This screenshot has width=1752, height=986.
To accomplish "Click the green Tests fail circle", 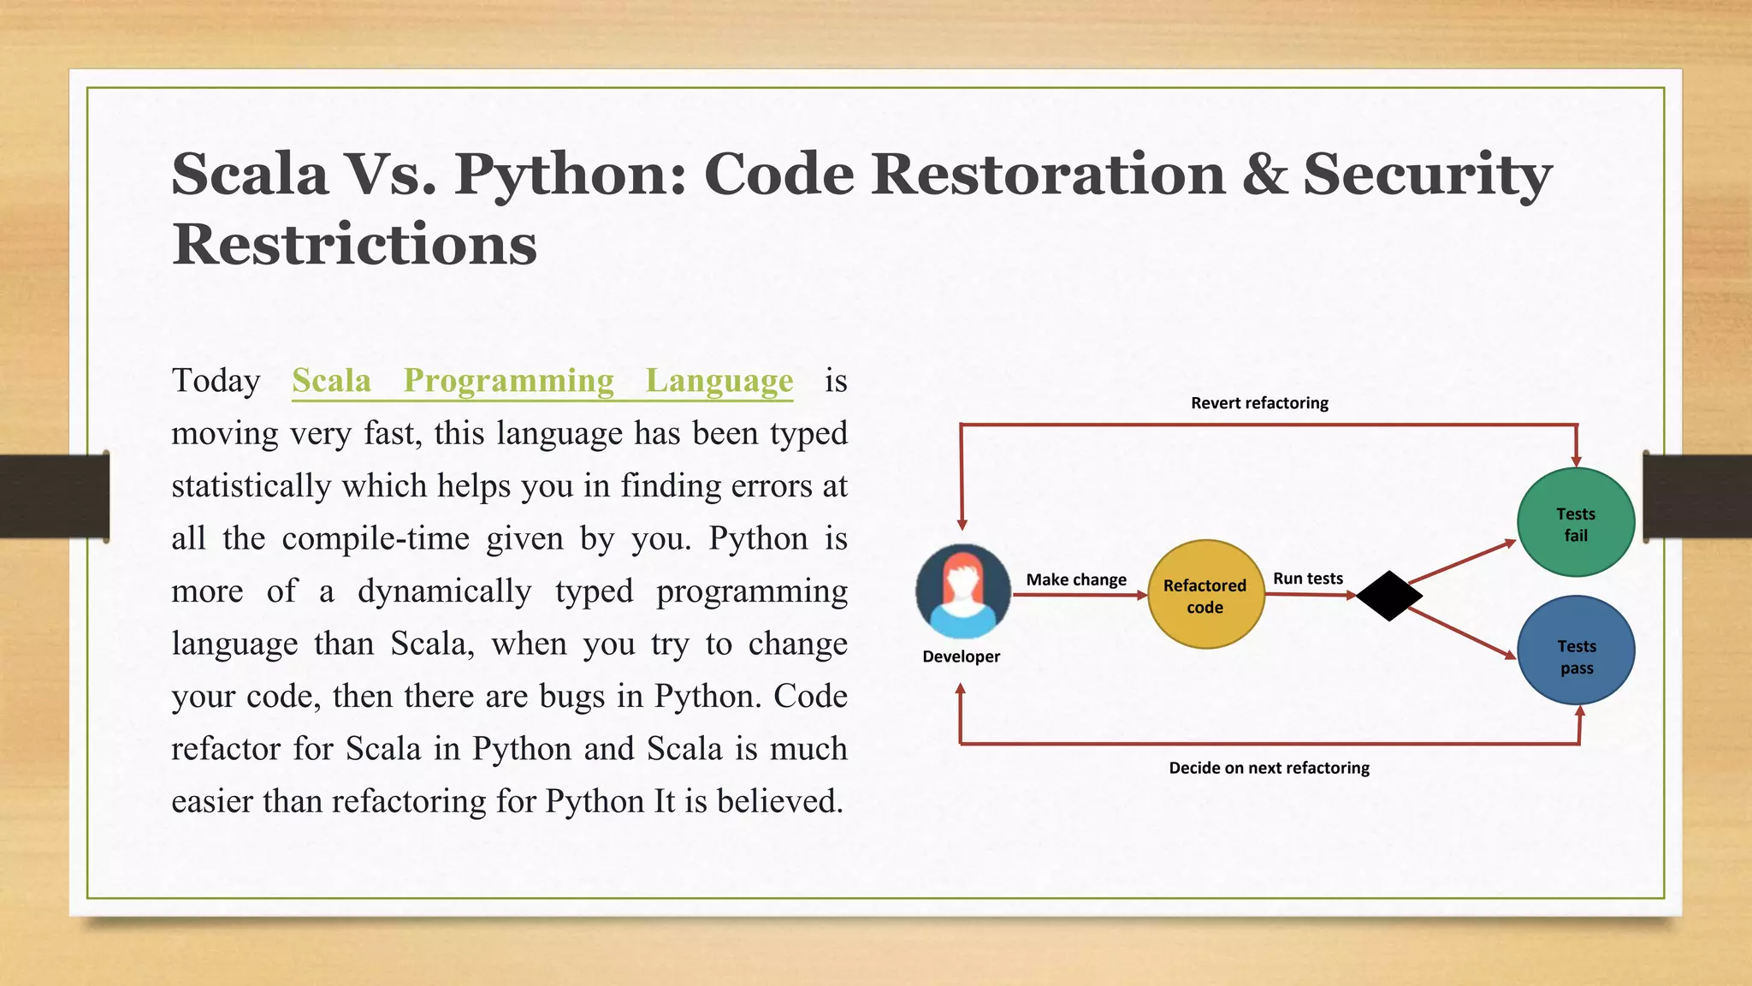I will [1576, 523].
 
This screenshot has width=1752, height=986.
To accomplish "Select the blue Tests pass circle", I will [1576, 651].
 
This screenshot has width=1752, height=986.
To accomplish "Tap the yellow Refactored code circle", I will [1205, 595].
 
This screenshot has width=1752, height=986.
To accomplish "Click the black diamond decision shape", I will [1388, 596].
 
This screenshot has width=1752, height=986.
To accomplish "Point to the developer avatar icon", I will [962, 591].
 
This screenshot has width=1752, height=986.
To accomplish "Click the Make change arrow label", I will [1076, 579].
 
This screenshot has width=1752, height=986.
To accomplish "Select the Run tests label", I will [1307, 579].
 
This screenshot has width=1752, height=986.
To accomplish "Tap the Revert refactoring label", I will [1259, 403].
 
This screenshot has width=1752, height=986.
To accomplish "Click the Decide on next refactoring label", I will [1269, 768].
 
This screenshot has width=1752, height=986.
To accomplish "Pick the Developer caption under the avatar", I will [961, 656].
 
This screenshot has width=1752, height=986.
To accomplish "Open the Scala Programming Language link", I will [542, 381].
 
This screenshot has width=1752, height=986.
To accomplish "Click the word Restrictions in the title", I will [354, 245].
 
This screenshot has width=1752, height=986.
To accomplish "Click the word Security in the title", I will [1427, 175].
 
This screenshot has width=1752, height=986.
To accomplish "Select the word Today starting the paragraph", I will [216, 381].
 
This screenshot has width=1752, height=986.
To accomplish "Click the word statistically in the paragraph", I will [251, 486].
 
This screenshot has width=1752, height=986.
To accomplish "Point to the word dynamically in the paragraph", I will [444, 591].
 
